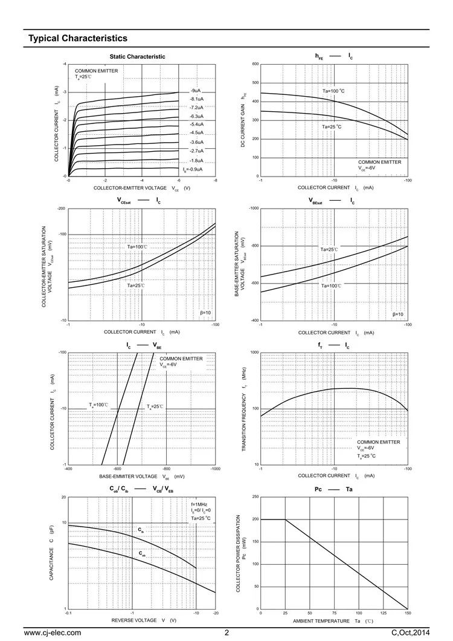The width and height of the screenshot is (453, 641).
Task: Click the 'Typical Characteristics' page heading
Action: tap(78, 38)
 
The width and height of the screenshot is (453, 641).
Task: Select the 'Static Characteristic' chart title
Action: tap(137, 57)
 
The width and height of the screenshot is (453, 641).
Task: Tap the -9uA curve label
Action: tap(195, 90)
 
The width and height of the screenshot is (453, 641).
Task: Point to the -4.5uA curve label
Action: tap(196, 132)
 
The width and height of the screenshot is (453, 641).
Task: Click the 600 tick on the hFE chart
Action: tap(255, 64)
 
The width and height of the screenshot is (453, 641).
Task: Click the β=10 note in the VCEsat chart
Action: tap(205, 313)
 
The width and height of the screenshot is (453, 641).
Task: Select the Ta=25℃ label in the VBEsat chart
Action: tap(329, 249)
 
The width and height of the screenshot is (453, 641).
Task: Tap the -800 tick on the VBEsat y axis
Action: tap(254, 246)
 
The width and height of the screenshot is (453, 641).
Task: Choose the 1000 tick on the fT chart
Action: tap(254, 352)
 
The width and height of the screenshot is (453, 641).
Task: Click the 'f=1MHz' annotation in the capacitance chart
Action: tap(199, 504)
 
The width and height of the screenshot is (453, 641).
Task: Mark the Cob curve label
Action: tap(143, 553)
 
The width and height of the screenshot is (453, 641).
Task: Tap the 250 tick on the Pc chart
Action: tap(255, 496)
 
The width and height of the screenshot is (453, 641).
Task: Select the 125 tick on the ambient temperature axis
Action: tap(384, 614)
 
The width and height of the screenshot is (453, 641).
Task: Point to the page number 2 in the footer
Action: tap(227, 633)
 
